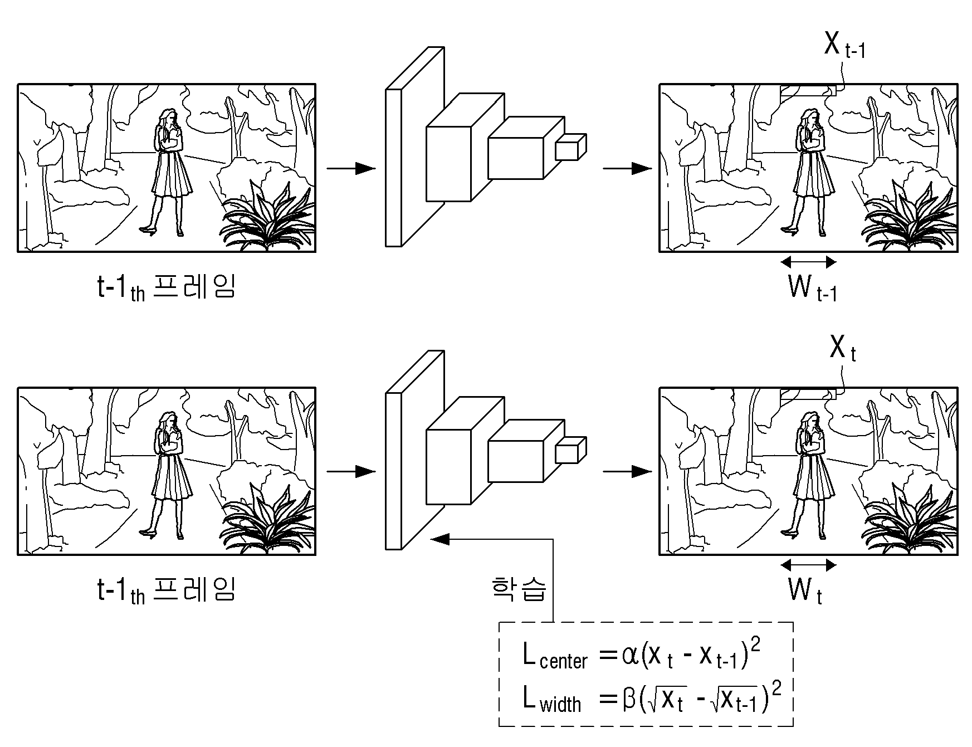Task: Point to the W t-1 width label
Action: (x=813, y=288)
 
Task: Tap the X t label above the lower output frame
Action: (x=842, y=349)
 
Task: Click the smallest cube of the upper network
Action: (x=570, y=147)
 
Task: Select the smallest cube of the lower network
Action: (x=570, y=451)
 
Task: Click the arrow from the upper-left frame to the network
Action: (x=351, y=168)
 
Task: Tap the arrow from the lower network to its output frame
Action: (x=627, y=472)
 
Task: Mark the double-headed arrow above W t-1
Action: (x=808, y=262)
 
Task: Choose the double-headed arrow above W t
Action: (x=808, y=565)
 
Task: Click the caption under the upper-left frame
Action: (x=166, y=287)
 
